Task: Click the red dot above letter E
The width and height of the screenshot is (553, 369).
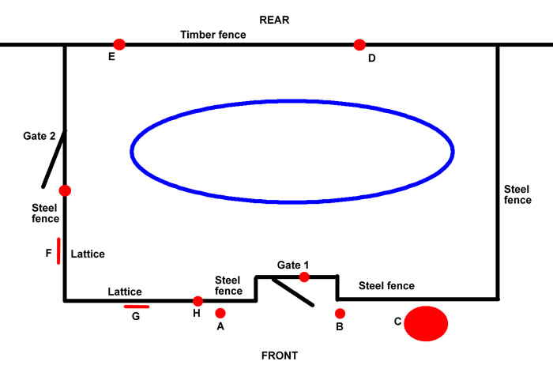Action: coord(119,44)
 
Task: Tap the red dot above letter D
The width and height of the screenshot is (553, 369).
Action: coord(359,44)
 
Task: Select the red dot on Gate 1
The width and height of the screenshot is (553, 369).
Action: coord(304,277)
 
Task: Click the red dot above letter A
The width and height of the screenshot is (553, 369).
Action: coord(220,313)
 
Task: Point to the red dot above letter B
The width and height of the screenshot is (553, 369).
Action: coord(340,313)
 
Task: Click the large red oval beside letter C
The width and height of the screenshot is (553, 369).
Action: coord(426,323)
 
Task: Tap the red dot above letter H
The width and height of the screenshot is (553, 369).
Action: coord(197,301)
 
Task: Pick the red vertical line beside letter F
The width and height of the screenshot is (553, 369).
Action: coord(58,250)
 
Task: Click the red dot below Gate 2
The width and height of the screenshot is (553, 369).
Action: coord(65,190)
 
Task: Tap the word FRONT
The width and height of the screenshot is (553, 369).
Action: coord(280,356)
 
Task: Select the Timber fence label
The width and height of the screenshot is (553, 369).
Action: coord(213,35)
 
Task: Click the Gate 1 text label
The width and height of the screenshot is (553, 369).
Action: coord(294,264)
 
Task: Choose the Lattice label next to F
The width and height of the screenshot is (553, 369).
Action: coord(88,254)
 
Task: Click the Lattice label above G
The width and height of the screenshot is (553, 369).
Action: coord(125,292)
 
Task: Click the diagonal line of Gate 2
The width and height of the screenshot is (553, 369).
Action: coord(54,159)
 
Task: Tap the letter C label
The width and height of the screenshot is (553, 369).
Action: coord(397,322)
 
